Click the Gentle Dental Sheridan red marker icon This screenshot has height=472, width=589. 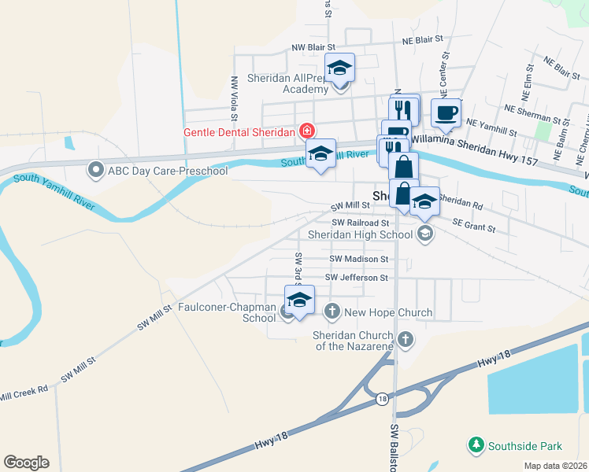pyautogui.click(x=306, y=131)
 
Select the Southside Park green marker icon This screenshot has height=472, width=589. pyautogui.click(x=476, y=446)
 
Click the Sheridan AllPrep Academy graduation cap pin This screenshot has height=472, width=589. pyautogui.click(x=340, y=68)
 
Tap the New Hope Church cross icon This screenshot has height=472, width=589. pyautogui.click(x=332, y=312)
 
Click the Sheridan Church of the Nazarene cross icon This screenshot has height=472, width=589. pyautogui.click(x=405, y=340)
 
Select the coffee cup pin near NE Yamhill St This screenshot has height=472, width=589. pyautogui.click(x=446, y=112)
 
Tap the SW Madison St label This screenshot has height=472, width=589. pyautogui.click(x=359, y=258)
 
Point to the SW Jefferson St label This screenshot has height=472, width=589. pyautogui.click(x=357, y=278)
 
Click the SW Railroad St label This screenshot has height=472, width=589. pyautogui.click(x=361, y=223)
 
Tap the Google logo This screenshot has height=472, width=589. pyautogui.click(x=26, y=462)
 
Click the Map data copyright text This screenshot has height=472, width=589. pyautogui.click(x=554, y=466)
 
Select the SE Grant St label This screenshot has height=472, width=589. pyautogui.click(x=473, y=229)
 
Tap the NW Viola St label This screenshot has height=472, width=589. pyautogui.click(x=234, y=93)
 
